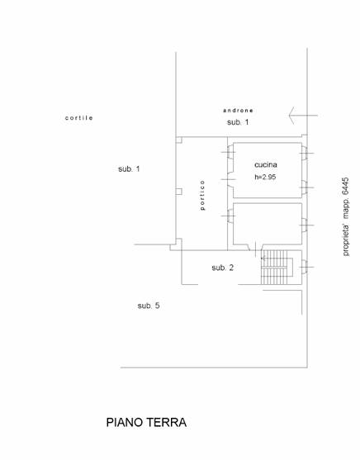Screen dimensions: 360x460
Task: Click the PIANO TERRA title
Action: click(146, 423)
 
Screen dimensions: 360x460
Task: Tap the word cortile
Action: click(79, 118)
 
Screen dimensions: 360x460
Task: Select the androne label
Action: click(238, 111)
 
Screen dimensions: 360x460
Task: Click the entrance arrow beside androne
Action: click(303, 116)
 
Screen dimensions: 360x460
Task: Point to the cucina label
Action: click(266, 165)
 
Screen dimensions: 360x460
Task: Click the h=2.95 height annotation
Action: click(265, 177)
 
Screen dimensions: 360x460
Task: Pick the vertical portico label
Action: click(202, 195)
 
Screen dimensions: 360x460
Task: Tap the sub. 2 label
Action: click(223, 268)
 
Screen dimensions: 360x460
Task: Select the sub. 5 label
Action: click(149, 306)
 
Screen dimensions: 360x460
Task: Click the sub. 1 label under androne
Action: click(238, 122)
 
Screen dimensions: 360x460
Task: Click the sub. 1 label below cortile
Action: click(129, 169)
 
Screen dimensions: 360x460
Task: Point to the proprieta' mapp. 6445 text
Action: click(346, 216)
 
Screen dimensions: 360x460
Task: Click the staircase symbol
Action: click(277, 268)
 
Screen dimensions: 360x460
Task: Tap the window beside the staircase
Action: click(306, 267)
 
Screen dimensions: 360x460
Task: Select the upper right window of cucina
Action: click(306, 153)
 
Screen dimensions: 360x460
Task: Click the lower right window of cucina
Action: click(306, 187)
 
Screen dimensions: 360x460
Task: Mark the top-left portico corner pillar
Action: click(178, 140)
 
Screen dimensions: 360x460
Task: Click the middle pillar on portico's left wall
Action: click(178, 192)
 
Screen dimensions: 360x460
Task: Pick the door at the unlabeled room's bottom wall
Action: click(255, 248)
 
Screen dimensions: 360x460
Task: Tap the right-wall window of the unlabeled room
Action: click(306, 225)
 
